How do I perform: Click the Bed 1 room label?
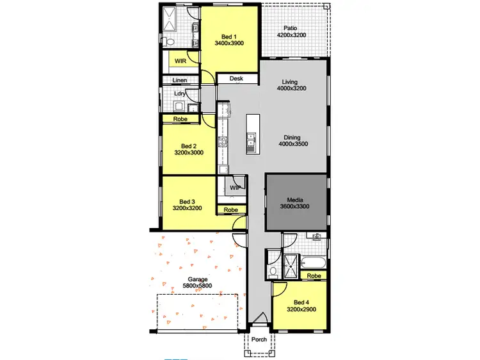(x=229, y=35)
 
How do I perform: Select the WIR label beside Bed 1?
(x=180, y=61)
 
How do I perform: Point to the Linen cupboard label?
(x=179, y=80)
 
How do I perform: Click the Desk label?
(x=236, y=79)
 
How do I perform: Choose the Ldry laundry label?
(x=180, y=94)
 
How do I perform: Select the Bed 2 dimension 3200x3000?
(x=188, y=154)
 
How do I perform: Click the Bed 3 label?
(x=188, y=201)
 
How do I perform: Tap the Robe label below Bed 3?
(x=231, y=209)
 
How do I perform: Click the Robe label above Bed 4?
(x=314, y=276)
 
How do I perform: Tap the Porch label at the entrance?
(x=259, y=340)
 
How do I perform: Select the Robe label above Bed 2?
(x=180, y=119)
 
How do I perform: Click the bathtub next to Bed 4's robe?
(x=314, y=263)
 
